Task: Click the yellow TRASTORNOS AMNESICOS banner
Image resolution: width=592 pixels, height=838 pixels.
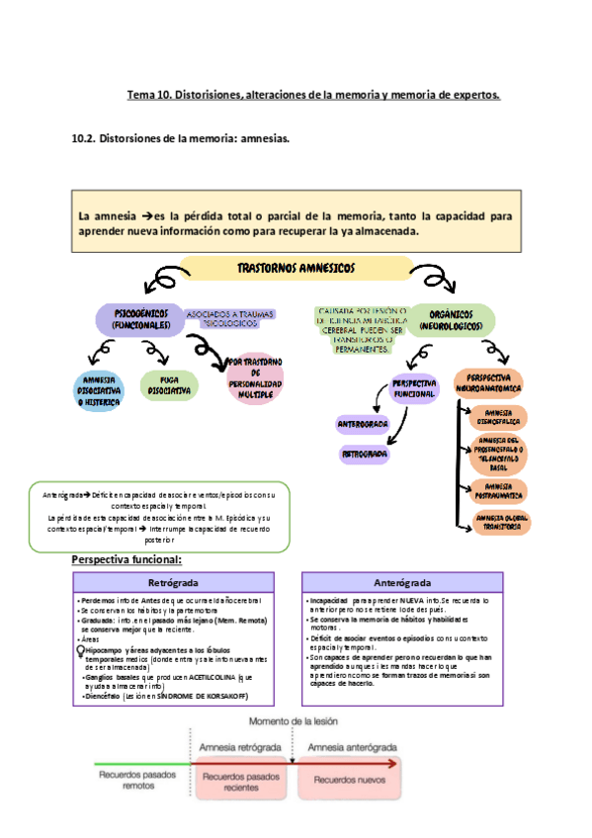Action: (296, 268)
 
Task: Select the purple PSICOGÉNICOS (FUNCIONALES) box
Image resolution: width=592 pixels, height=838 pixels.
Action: (140, 318)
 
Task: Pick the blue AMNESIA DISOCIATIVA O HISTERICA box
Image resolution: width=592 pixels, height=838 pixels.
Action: (102, 389)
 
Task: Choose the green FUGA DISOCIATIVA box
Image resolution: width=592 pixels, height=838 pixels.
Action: (169, 384)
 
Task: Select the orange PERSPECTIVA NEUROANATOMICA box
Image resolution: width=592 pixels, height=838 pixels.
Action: (488, 383)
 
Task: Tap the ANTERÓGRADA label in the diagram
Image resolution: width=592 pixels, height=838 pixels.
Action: (363, 424)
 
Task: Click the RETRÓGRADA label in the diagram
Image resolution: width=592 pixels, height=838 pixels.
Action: (363, 455)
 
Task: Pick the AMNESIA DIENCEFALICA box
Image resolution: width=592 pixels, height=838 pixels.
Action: (499, 416)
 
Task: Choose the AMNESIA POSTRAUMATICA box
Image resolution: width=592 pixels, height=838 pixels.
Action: (499, 489)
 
